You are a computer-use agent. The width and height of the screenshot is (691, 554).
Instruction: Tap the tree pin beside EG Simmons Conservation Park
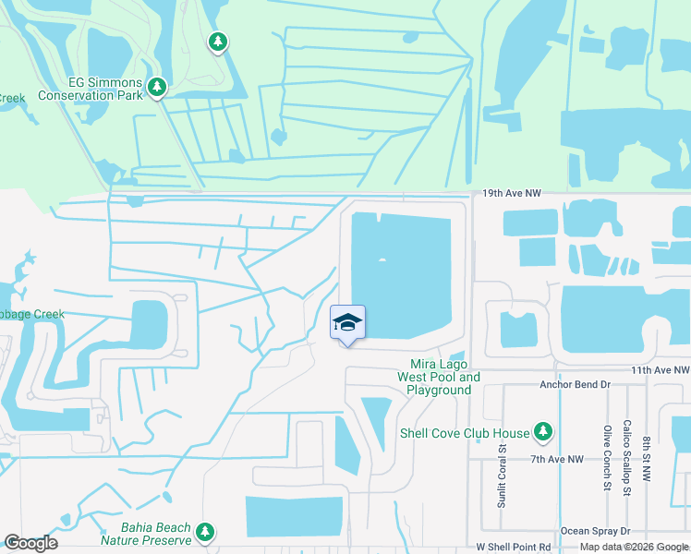(157, 87)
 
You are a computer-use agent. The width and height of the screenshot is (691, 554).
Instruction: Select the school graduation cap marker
(347, 323)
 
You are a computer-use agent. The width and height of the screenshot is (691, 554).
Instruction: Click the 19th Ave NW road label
(511, 194)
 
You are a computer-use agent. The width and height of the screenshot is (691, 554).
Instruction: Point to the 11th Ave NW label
(658, 369)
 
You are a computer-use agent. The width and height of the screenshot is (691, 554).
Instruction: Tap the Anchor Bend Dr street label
(576, 383)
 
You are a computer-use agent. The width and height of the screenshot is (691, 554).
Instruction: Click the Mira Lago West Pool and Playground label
(439, 377)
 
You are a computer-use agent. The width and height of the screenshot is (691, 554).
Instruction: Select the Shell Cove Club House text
(465, 433)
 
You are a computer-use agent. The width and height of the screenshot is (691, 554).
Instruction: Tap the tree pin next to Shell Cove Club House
(543, 431)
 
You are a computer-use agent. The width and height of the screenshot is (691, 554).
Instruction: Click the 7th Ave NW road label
(557, 459)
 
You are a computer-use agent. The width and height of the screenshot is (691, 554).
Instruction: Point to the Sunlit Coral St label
(503, 476)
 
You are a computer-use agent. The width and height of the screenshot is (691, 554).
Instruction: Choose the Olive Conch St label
(608, 455)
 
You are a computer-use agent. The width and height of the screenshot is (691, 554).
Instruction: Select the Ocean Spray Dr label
(596, 532)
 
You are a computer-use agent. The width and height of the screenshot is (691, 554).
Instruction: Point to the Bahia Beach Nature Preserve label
(145, 533)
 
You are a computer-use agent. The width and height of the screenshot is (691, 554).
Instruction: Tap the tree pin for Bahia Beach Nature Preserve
(204, 532)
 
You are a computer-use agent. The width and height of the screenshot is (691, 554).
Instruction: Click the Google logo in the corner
(30, 543)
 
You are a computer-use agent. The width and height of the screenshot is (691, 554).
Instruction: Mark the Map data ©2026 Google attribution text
(633, 547)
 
